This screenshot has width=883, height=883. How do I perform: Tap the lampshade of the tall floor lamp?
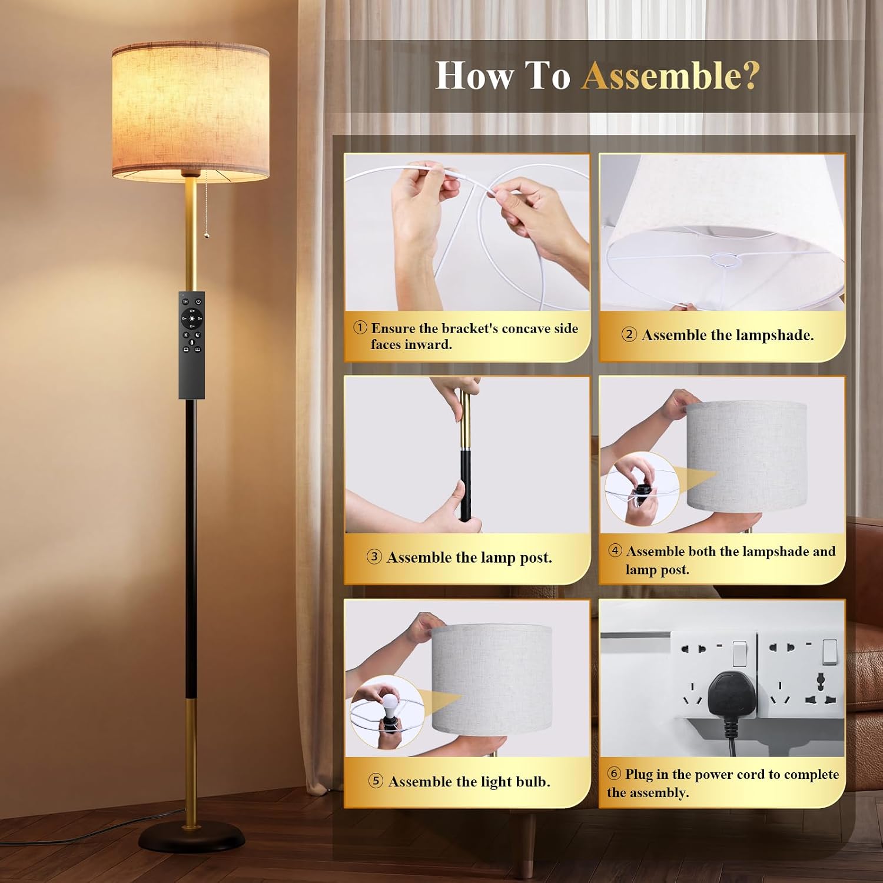click(x=190, y=112)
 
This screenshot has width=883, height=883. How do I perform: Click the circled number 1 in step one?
click(x=360, y=328)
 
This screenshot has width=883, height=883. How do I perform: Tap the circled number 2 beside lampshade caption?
click(x=629, y=334)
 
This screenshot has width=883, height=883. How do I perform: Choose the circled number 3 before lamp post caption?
click(x=374, y=557)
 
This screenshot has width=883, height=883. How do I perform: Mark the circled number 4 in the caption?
click(x=615, y=550)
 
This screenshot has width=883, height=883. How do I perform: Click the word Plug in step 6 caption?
click(x=639, y=775)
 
